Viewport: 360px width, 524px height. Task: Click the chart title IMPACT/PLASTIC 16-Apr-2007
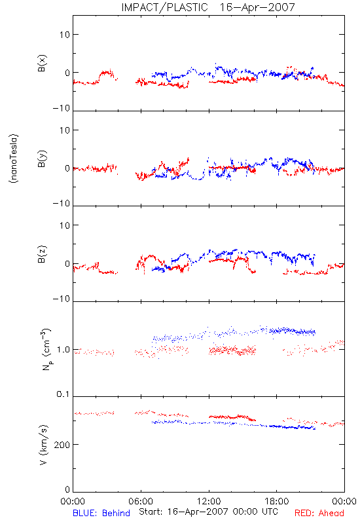[208, 7]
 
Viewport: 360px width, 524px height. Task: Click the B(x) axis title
[42, 64]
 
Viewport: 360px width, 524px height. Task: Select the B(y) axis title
[42, 159]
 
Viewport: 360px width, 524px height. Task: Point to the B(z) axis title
[42, 254]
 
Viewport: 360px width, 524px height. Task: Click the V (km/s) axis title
[43, 445]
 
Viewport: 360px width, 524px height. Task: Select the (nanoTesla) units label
[14, 159]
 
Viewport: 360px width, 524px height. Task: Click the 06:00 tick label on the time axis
[141, 501]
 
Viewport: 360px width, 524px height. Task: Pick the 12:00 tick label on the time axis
[209, 501]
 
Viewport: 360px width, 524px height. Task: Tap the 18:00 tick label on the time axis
[277, 501]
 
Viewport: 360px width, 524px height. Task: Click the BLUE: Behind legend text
[101, 513]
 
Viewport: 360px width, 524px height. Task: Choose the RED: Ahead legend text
[319, 513]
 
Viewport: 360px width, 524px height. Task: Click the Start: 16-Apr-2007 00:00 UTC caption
[208, 512]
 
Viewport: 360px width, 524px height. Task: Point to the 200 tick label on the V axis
[62, 445]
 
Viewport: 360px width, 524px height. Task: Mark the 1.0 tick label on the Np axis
[63, 350]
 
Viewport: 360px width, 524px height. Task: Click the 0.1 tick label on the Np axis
[63, 394]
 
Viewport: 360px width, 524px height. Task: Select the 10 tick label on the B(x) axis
[64, 35]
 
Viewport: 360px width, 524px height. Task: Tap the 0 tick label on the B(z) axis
[67, 264]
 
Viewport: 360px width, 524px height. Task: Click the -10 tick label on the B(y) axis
[62, 203]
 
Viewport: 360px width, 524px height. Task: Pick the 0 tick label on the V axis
[67, 489]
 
